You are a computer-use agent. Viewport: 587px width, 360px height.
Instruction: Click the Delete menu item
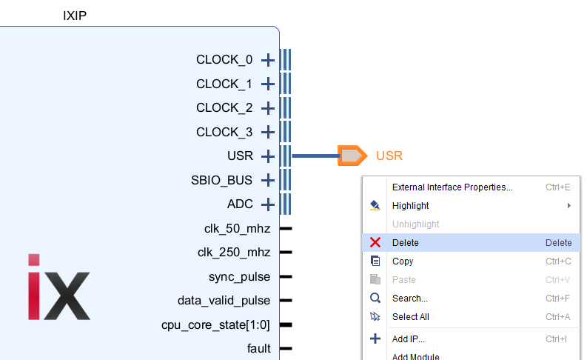[406, 243]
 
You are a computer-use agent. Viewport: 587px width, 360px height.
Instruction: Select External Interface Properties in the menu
[452, 187]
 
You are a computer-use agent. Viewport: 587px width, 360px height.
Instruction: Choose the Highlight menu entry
[410, 206]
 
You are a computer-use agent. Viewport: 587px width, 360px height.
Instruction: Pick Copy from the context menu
[403, 261]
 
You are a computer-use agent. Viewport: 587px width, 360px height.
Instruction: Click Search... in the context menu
[409, 299]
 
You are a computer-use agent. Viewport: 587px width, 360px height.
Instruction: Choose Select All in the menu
[410, 317]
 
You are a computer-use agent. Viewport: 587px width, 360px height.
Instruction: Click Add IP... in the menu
[409, 339]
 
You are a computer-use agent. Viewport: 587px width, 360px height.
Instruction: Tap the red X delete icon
[375, 243]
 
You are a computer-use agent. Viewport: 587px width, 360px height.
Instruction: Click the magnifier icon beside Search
[375, 299]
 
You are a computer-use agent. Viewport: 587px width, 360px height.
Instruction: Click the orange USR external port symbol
[352, 156]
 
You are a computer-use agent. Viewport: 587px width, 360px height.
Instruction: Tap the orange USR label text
[389, 156]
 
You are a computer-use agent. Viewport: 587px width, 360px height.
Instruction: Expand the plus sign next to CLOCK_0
[268, 60]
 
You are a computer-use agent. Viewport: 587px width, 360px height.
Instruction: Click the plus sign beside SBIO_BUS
[268, 180]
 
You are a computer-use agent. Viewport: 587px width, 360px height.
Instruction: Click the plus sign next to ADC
[268, 204]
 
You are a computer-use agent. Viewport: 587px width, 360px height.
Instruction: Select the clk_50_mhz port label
[237, 228]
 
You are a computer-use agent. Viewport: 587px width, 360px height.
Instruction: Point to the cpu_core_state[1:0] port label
[216, 324]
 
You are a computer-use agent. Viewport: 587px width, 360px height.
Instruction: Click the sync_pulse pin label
[239, 276]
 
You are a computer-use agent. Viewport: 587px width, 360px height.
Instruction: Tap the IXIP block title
[75, 15]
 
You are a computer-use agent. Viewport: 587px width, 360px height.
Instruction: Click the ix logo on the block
[59, 286]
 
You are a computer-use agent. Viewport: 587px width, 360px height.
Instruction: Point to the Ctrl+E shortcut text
[558, 187]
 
